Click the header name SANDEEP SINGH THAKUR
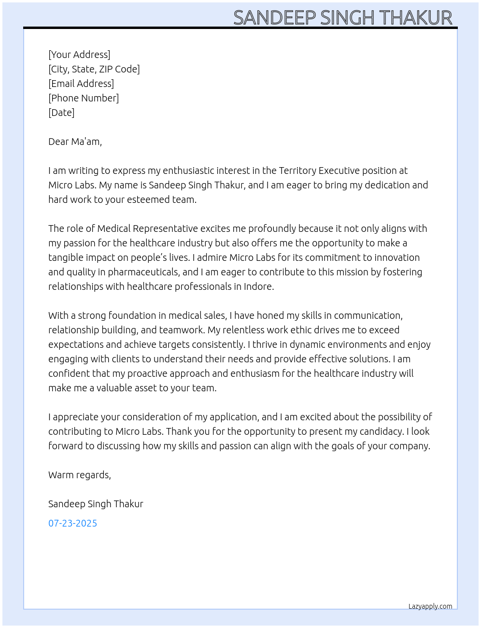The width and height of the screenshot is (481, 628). point(343,18)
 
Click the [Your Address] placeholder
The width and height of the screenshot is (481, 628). point(79,55)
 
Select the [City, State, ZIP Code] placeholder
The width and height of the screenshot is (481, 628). point(94,69)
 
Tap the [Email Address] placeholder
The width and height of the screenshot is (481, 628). point(81,84)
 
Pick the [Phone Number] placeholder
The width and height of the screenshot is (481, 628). point(84,98)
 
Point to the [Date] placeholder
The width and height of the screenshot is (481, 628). point(61,113)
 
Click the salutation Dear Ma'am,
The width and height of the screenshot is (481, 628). point(75,142)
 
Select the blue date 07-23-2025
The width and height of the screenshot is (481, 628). point(72,523)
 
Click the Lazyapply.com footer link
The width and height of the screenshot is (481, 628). point(430,606)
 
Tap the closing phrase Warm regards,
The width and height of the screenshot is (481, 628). point(80,475)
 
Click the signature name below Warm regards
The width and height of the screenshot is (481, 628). point(96,504)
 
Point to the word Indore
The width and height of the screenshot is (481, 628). point(258,286)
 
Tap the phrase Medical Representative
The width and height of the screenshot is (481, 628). point(147,228)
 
